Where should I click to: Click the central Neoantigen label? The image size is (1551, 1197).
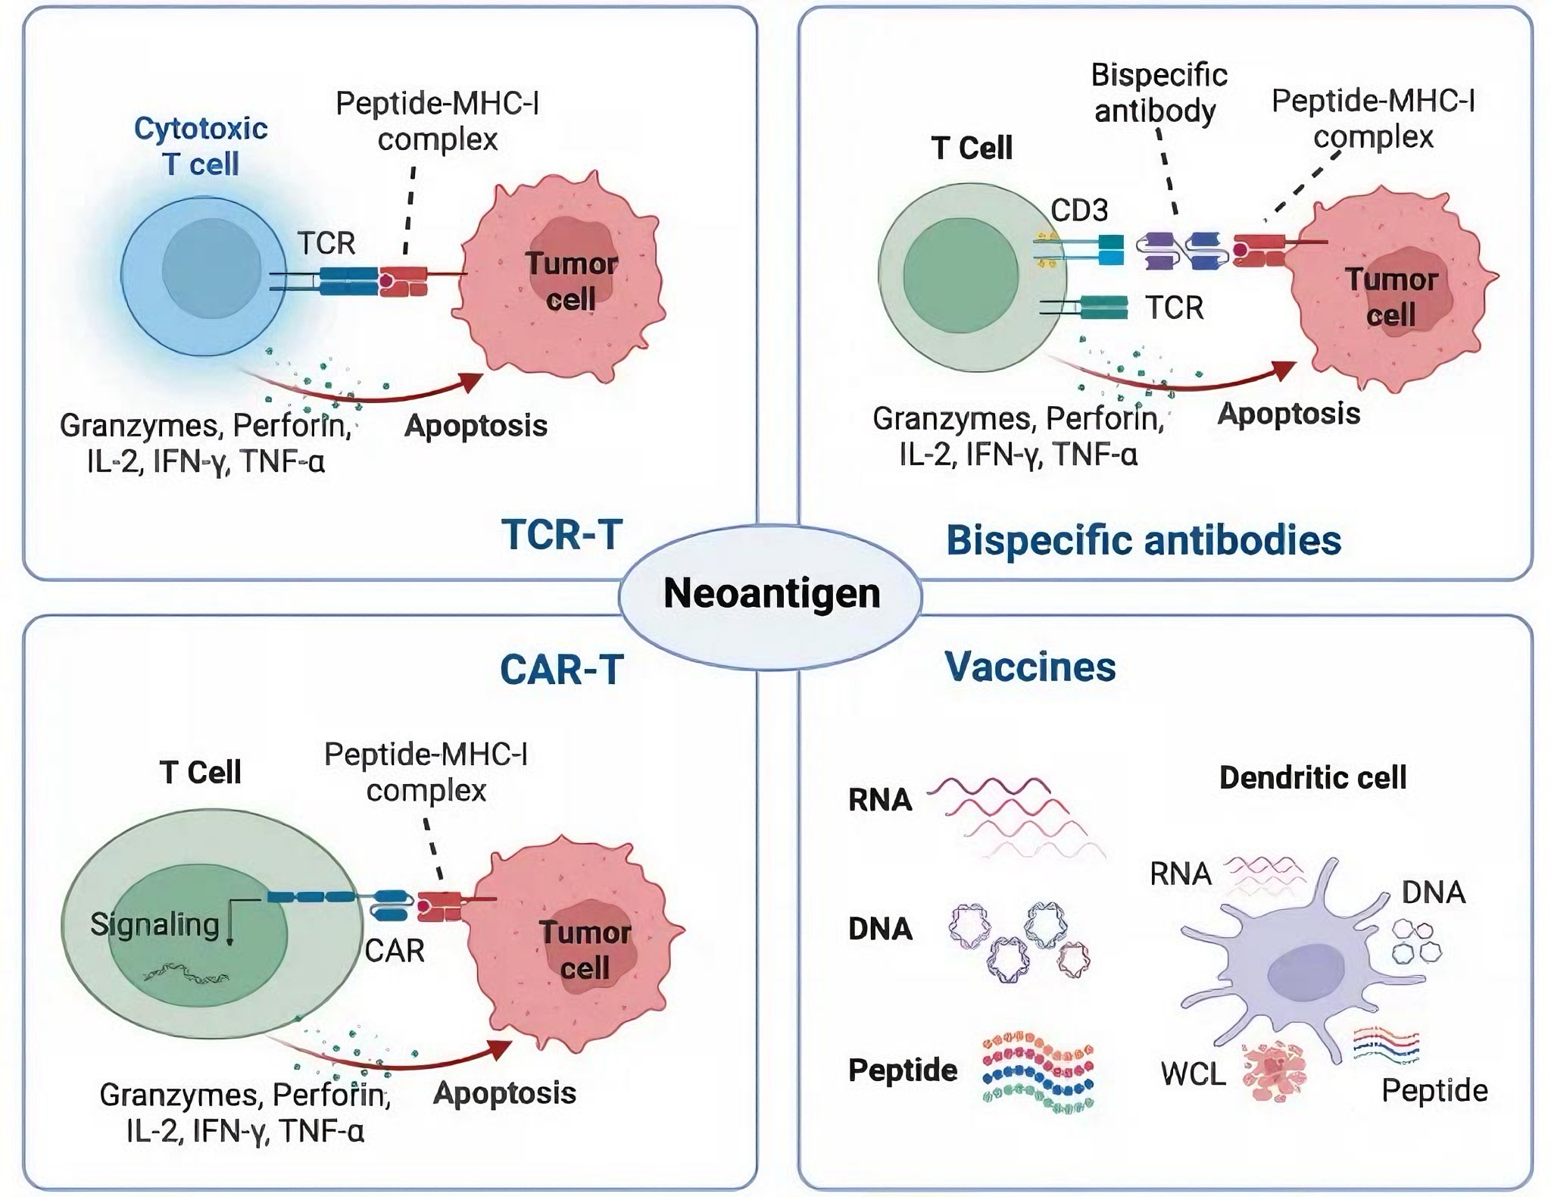pyautogui.click(x=772, y=592)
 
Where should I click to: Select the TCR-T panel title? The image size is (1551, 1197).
pyautogui.click(x=562, y=534)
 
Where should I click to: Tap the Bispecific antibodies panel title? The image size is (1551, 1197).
pyautogui.click(x=1144, y=540)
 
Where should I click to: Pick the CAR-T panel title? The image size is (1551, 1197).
pyautogui.click(x=562, y=670)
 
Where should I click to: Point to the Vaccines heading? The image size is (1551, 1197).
pyautogui.click(x=1030, y=667)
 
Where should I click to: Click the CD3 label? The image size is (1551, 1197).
pyautogui.click(x=1079, y=210)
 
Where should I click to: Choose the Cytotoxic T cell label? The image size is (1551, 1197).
pyautogui.click(x=201, y=146)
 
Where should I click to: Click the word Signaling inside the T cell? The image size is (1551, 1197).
pyautogui.click(x=154, y=925)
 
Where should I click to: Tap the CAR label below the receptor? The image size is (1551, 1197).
pyautogui.click(x=395, y=951)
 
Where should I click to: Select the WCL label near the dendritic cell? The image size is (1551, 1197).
pyautogui.click(x=1193, y=1074)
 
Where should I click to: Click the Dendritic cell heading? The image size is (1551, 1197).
pyautogui.click(x=1312, y=777)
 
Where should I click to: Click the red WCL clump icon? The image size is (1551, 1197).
pyautogui.click(x=1275, y=1070)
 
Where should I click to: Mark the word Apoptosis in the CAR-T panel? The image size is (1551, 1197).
pyautogui.click(x=504, y=1093)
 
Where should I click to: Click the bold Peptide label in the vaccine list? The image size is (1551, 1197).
pyautogui.click(x=903, y=1070)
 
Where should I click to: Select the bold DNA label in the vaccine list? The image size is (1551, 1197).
pyautogui.click(x=880, y=929)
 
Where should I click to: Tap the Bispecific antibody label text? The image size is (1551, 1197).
pyautogui.click(x=1159, y=92)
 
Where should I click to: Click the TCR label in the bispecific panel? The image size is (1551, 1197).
pyautogui.click(x=1174, y=308)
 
